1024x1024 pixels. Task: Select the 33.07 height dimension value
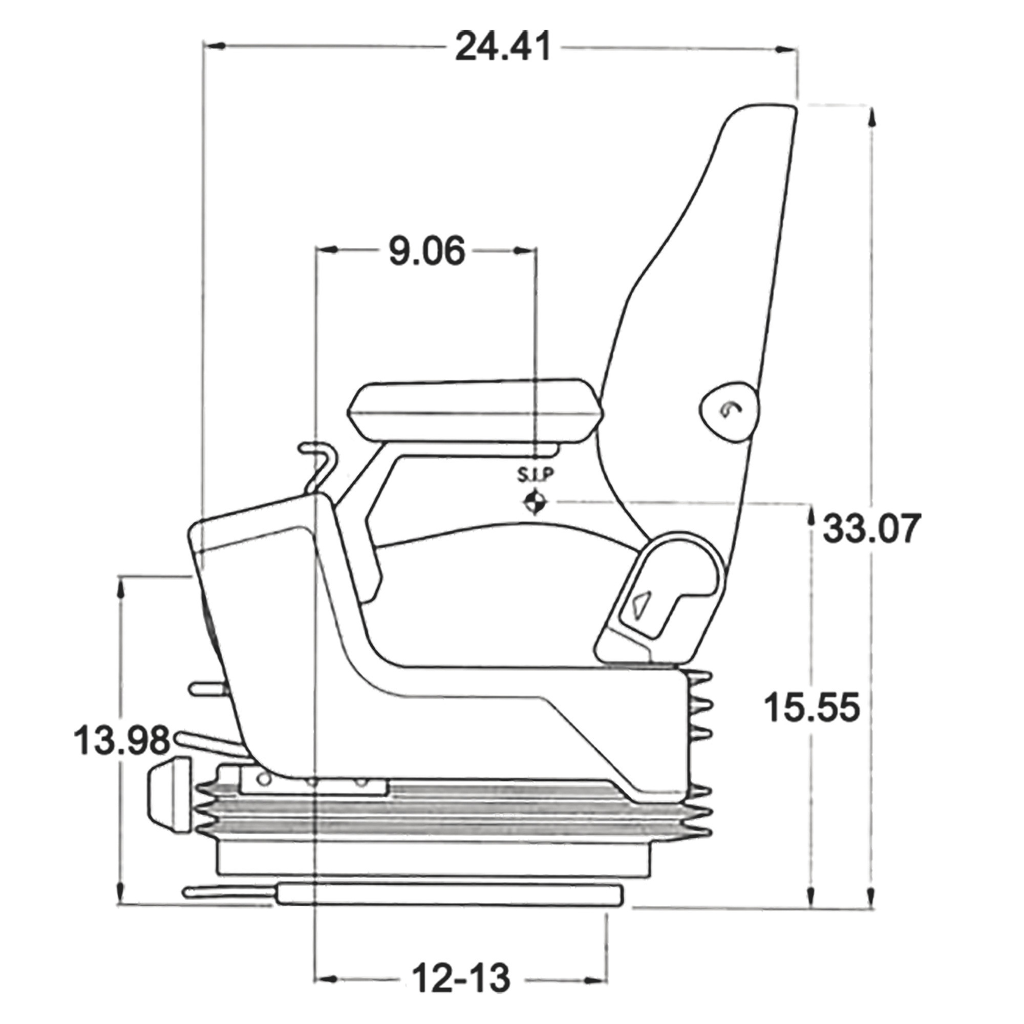(x=869, y=528)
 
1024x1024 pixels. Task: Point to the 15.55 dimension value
(x=812, y=708)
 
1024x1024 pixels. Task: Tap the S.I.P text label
(x=536, y=475)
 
